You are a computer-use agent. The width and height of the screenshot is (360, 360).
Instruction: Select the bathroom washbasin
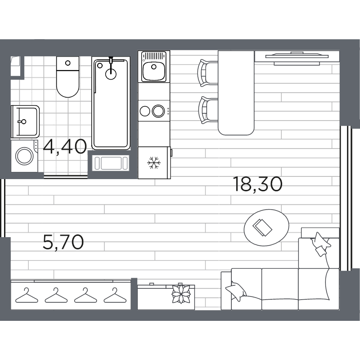[25, 121]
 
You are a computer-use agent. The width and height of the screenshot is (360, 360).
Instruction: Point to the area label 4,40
[65, 147]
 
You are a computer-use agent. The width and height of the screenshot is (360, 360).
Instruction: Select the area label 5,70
[63, 243]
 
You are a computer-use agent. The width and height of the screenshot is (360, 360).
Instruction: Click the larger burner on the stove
[158, 110]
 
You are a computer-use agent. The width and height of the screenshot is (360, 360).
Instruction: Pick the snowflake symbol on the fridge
[154, 162]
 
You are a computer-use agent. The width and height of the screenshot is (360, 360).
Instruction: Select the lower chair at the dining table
[207, 110]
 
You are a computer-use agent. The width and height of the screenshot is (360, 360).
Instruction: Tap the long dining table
[236, 92]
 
